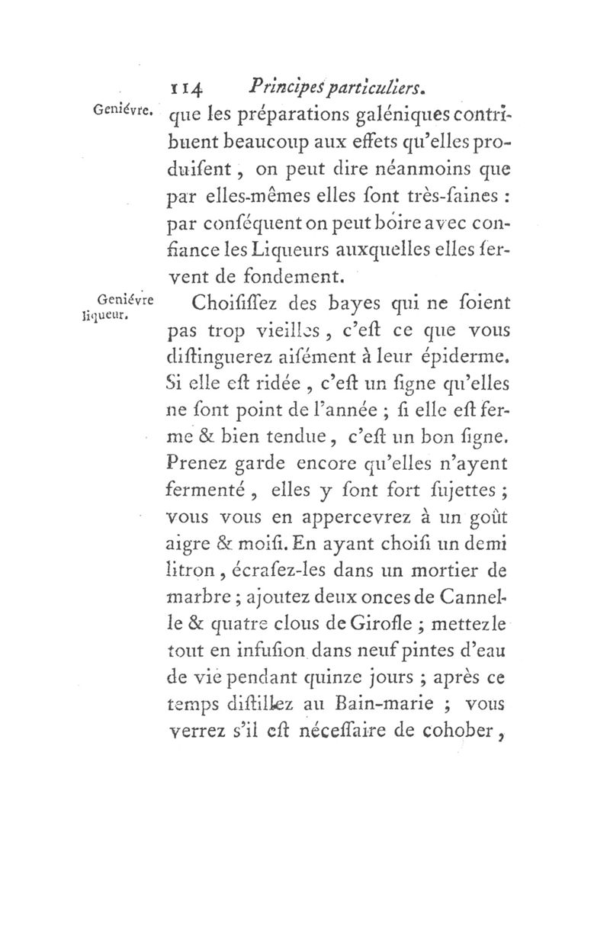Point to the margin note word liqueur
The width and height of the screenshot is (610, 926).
[x=105, y=313]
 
